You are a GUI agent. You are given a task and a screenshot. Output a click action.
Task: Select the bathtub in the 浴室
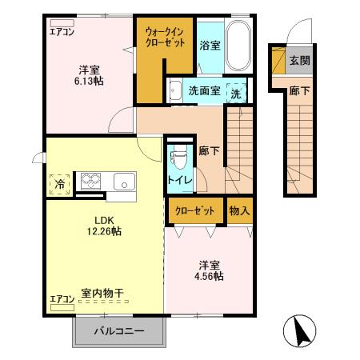pos(238,47)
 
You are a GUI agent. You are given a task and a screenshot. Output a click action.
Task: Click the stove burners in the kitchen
pos(88,181)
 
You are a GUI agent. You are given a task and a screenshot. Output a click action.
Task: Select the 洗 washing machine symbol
pos(236,92)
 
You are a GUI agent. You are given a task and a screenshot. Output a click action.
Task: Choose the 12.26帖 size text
pos(105,231)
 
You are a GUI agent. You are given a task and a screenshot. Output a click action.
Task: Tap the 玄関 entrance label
pos(300,60)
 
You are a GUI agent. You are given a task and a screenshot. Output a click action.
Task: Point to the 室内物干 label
pos(102,294)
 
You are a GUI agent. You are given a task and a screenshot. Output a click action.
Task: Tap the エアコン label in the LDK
pos(62,298)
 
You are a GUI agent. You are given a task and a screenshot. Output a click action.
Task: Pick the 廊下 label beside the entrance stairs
pos(299,90)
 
